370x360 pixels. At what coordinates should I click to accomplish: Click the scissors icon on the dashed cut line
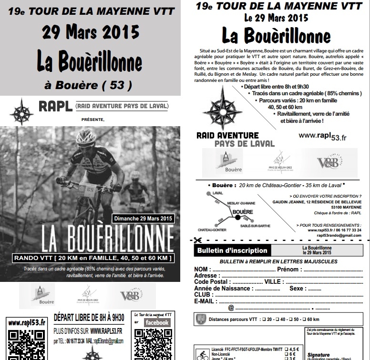click(197, 241)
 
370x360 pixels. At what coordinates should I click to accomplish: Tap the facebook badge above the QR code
click(157, 322)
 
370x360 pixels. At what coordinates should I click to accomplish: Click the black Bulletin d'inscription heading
click(231, 250)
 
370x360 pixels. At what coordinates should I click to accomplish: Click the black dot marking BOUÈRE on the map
click(236, 218)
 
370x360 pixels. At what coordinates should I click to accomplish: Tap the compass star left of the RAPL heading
click(22, 112)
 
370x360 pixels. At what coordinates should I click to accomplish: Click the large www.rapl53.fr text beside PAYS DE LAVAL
click(323, 136)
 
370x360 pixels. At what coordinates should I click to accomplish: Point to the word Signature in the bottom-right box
click(319, 354)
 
